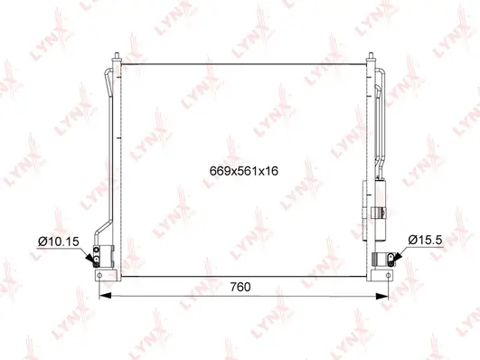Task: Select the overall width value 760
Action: tap(240, 288)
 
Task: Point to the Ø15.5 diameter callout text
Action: tap(425, 239)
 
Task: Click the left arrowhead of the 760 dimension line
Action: tap(101, 296)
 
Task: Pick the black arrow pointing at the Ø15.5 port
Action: tap(391, 257)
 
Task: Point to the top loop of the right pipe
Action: tap(379, 72)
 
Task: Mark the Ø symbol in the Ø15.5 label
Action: tap(412, 239)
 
